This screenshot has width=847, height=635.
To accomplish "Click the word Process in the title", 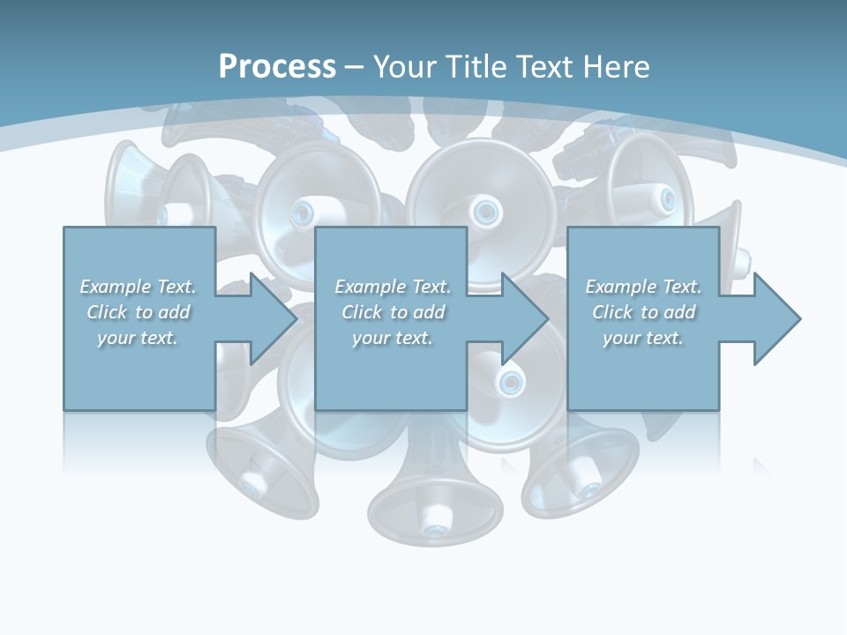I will [x=277, y=67].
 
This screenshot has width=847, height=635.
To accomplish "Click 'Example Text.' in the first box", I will [x=138, y=287].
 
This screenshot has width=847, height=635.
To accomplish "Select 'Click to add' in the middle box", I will [x=393, y=312].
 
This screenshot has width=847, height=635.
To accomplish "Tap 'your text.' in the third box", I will [x=643, y=338].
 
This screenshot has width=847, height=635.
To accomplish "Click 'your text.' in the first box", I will [x=138, y=338].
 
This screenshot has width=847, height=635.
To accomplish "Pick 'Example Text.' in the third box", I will [x=643, y=287].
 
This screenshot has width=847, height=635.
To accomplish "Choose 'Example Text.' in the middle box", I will [x=393, y=287].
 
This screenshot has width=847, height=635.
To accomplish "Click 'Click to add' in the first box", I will [x=138, y=312].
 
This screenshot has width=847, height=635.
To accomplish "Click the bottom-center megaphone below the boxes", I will [x=434, y=503].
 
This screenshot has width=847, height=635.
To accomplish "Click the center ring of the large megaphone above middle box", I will [x=484, y=211].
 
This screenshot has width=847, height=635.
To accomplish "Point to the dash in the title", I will [x=355, y=67].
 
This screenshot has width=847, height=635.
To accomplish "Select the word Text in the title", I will [x=542, y=67].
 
